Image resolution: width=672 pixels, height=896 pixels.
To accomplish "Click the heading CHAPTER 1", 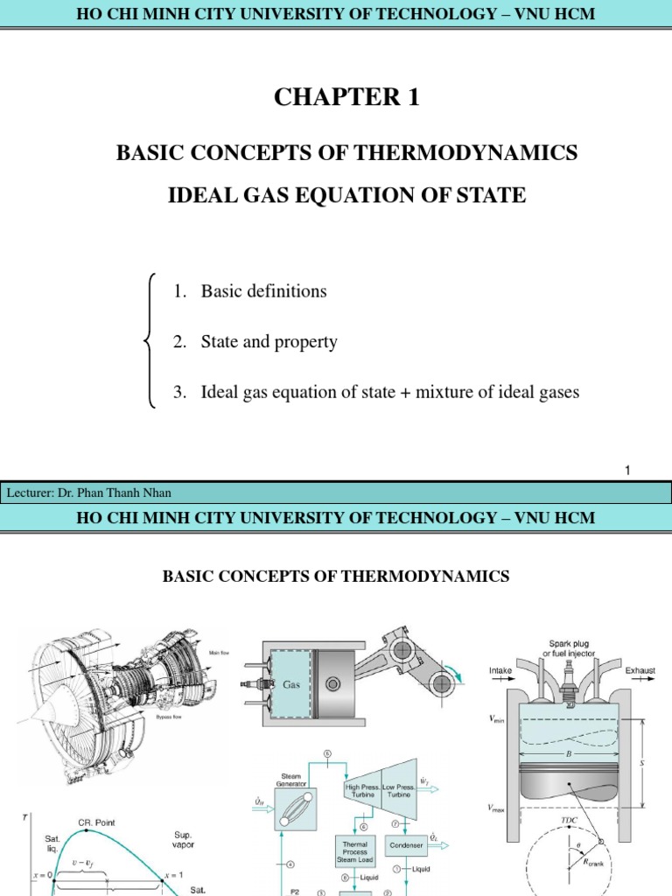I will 346,98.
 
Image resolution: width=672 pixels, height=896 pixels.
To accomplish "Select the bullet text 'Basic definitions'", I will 263,291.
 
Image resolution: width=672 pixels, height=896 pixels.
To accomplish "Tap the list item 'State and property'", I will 269,342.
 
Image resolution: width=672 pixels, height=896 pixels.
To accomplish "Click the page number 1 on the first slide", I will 627,472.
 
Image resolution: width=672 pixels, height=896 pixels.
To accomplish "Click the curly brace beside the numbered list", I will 149,341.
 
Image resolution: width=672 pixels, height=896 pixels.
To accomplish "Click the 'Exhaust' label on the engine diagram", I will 640,671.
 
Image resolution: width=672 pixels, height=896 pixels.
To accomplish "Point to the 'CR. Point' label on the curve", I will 96,822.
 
